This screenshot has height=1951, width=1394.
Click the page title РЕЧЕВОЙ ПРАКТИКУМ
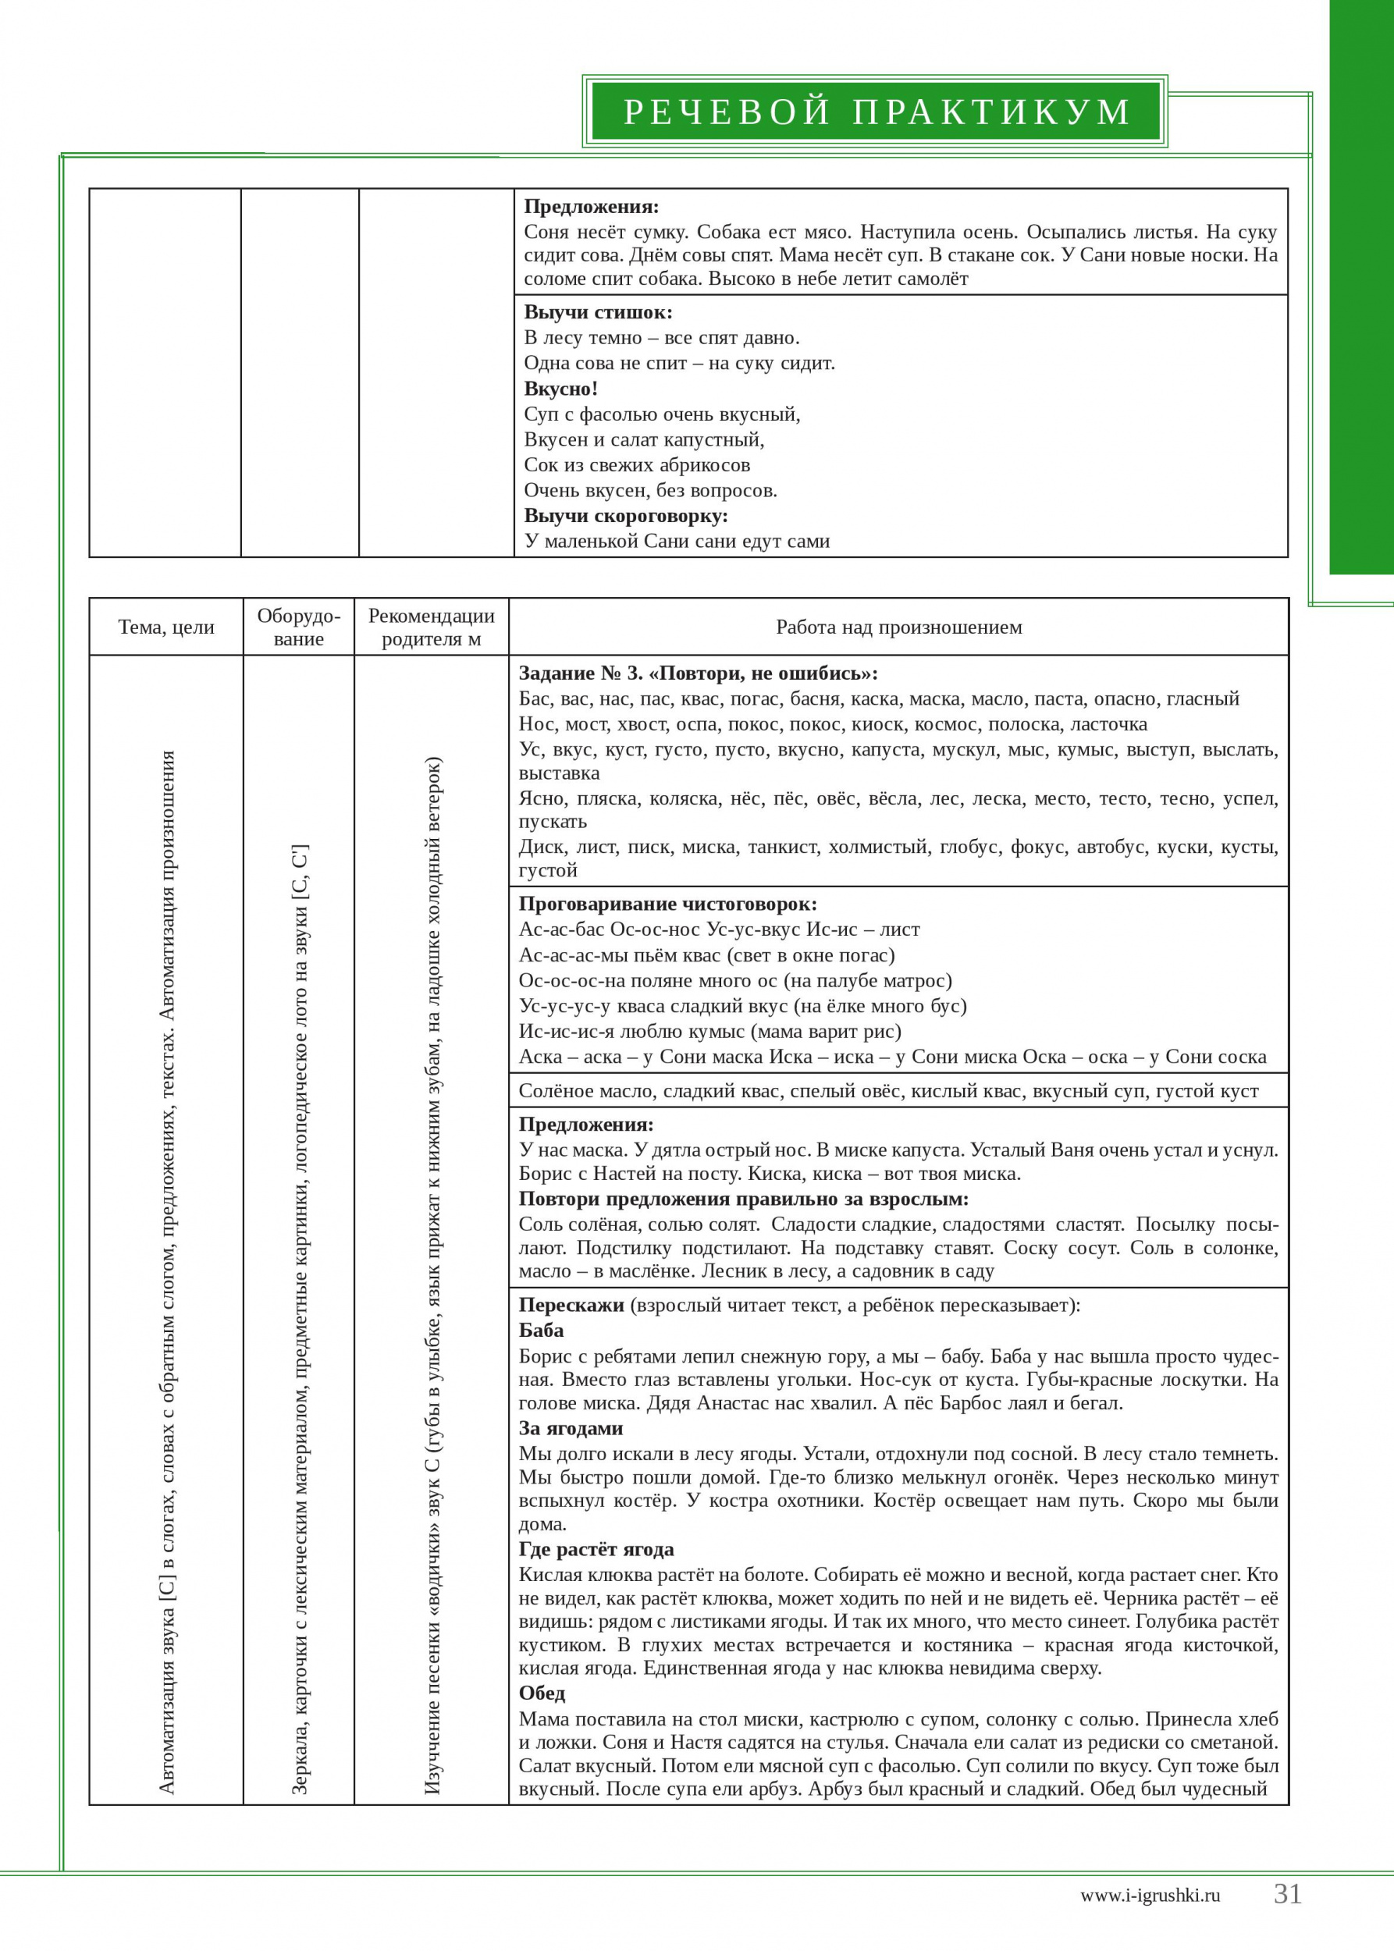pyautogui.click(x=876, y=112)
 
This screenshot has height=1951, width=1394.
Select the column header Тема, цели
pyautogui.click(x=166, y=627)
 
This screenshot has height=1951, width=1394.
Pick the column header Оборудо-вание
pyautogui.click(x=299, y=627)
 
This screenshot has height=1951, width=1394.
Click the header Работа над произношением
pyautogui.click(x=898, y=627)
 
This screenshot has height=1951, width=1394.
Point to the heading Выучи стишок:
pyautogui.click(x=599, y=312)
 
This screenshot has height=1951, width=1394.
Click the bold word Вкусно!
pyautogui.click(x=560, y=389)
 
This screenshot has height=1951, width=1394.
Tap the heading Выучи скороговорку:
pyautogui.click(x=626, y=516)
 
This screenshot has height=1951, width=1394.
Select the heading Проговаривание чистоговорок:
pyautogui.click(x=668, y=904)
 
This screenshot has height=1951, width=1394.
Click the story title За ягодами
pyautogui.click(x=571, y=1428)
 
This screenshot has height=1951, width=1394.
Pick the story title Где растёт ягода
pyautogui.click(x=596, y=1549)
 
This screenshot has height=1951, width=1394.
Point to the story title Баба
pyautogui.click(x=541, y=1331)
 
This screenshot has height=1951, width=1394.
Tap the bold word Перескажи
pyautogui.click(x=571, y=1306)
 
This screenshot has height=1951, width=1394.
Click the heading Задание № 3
pyautogui.click(x=580, y=673)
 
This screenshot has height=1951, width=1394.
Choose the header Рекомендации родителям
pyautogui.click(x=431, y=627)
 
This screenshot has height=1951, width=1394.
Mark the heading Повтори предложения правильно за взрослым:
pyautogui.click(x=743, y=1199)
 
